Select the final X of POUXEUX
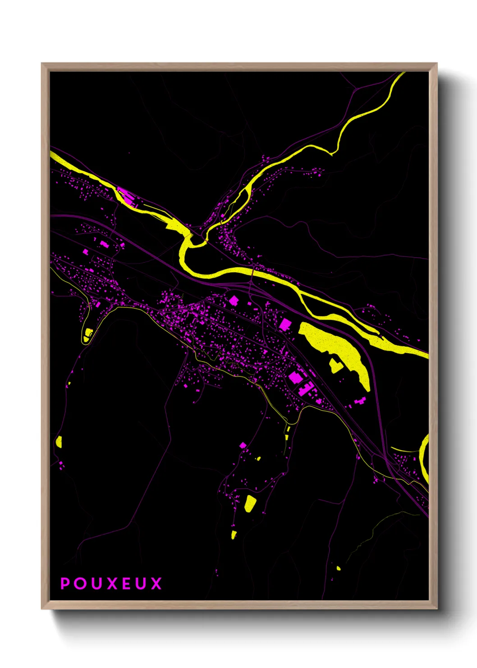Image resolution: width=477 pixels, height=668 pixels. coord(156,584)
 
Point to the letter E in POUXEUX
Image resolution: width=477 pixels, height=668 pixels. coord(126,584)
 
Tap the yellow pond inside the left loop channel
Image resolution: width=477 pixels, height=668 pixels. coord(87,334)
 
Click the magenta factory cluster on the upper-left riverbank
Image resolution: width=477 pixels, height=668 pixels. coord(126,196)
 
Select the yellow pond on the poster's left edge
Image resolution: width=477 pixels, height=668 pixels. coord(59,441)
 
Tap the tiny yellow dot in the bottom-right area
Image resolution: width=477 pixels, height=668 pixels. coord(339,568)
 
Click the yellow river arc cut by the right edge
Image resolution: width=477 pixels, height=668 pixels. coord(424,456)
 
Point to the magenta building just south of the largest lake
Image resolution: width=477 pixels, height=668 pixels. coord(360,401)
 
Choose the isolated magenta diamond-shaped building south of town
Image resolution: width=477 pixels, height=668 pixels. coord(243,445)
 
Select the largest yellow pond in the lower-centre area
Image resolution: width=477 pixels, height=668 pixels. coord(249,503)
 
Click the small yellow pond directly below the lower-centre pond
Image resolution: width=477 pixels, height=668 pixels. coord(234,535)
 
